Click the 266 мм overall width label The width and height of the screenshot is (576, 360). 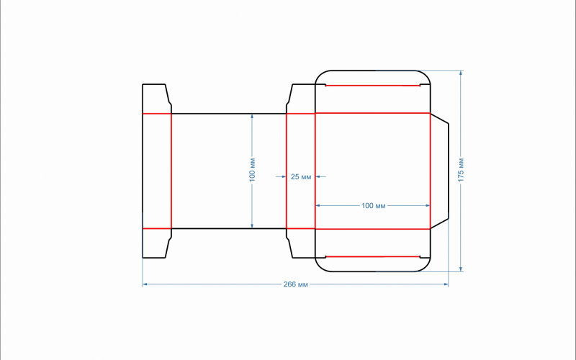[x=295, y=284]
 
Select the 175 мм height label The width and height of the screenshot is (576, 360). [x=461, y=170]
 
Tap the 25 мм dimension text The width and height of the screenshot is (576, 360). [x=301, y=176]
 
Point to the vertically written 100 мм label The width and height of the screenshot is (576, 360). [x=252, y=170]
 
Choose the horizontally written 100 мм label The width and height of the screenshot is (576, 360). [x=373, y=206]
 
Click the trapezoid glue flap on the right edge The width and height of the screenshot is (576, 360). [x=439, y=171]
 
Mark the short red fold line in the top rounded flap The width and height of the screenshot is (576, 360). [x=372, y=86]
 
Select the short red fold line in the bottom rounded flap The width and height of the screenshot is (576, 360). [x=372, y=256]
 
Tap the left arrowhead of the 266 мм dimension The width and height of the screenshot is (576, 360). [x=145, y=284]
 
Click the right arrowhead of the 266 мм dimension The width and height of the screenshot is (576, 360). [x=446, y=284]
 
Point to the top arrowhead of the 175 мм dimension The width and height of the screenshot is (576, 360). [x=461, y=73]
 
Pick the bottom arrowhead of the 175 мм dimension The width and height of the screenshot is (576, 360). [x=461, y=269]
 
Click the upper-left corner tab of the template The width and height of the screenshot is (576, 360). [x=157, y=99]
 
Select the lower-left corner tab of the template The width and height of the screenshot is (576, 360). [x=157, y=243]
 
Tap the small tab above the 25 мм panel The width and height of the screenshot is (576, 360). [x=301, y=99]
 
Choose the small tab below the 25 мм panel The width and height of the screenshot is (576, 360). [x=301, y=243]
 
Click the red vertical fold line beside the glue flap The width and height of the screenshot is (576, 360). [x=430, y=171]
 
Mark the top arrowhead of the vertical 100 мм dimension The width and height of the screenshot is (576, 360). [x=252, y=117]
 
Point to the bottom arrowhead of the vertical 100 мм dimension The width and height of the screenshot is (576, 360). [x=252, y=225]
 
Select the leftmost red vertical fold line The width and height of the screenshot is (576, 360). [x=171, y=171]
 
